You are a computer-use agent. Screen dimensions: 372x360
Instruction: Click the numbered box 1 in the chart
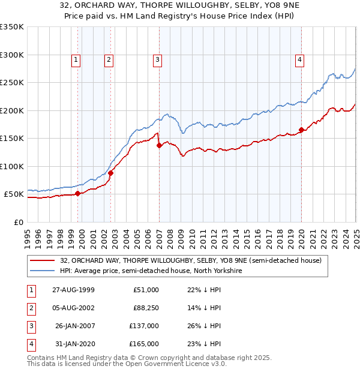pyautogui.click(x=77, y=59)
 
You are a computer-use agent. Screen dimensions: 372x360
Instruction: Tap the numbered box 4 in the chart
pyautogui.click(x=299, y=59)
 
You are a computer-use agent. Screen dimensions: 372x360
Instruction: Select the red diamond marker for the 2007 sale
pyautogui.click(x=159, y=145)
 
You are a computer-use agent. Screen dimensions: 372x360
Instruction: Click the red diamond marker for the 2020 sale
pyautogui.click(x=301, y=130)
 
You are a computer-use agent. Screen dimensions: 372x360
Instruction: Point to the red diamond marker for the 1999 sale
pyautogui.click(x=78, y=193)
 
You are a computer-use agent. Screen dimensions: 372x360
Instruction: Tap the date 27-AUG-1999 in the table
pyautogui.click(x=73, y=290)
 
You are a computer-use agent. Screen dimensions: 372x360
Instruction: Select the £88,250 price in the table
pyautogui.click(x=145, y=307)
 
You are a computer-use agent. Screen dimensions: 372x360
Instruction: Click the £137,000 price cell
pyautogui.click(x=145, y=326)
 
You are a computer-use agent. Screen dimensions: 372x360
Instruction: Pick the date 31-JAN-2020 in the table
pyautogui.click(x=73, y=344)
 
